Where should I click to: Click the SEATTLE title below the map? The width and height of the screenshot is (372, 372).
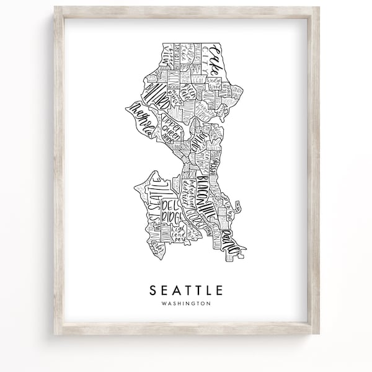(186, 290)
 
